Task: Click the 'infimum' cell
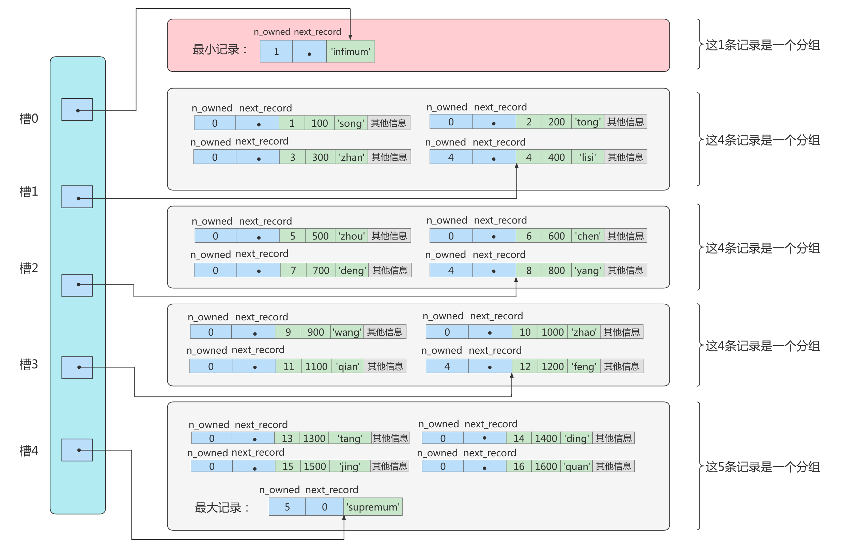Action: click(x=351, y=51)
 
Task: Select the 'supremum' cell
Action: click(x=373, y=507)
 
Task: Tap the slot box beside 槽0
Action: click(x=77, y=110)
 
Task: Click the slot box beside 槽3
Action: click(x=77, y=367)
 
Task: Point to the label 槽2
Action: click(x=29, y=268)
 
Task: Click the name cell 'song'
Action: click(x=351, y=123)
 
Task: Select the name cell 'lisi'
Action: click(x=587, y=157)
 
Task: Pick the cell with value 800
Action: click(x=556, y=270)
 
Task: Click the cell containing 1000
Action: click(x=552, y=332)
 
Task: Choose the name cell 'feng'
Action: click(x=583, y=366)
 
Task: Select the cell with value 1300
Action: click(x=314, y=438)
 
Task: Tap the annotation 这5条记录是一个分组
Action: click(x=762, y=467)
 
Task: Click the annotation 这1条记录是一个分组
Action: click(x=762, y=45)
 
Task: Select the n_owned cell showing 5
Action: click(x=287, y=507)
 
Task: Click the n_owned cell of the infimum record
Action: click(x=276, y=51)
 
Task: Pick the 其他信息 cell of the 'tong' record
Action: click(x=625, y=122)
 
